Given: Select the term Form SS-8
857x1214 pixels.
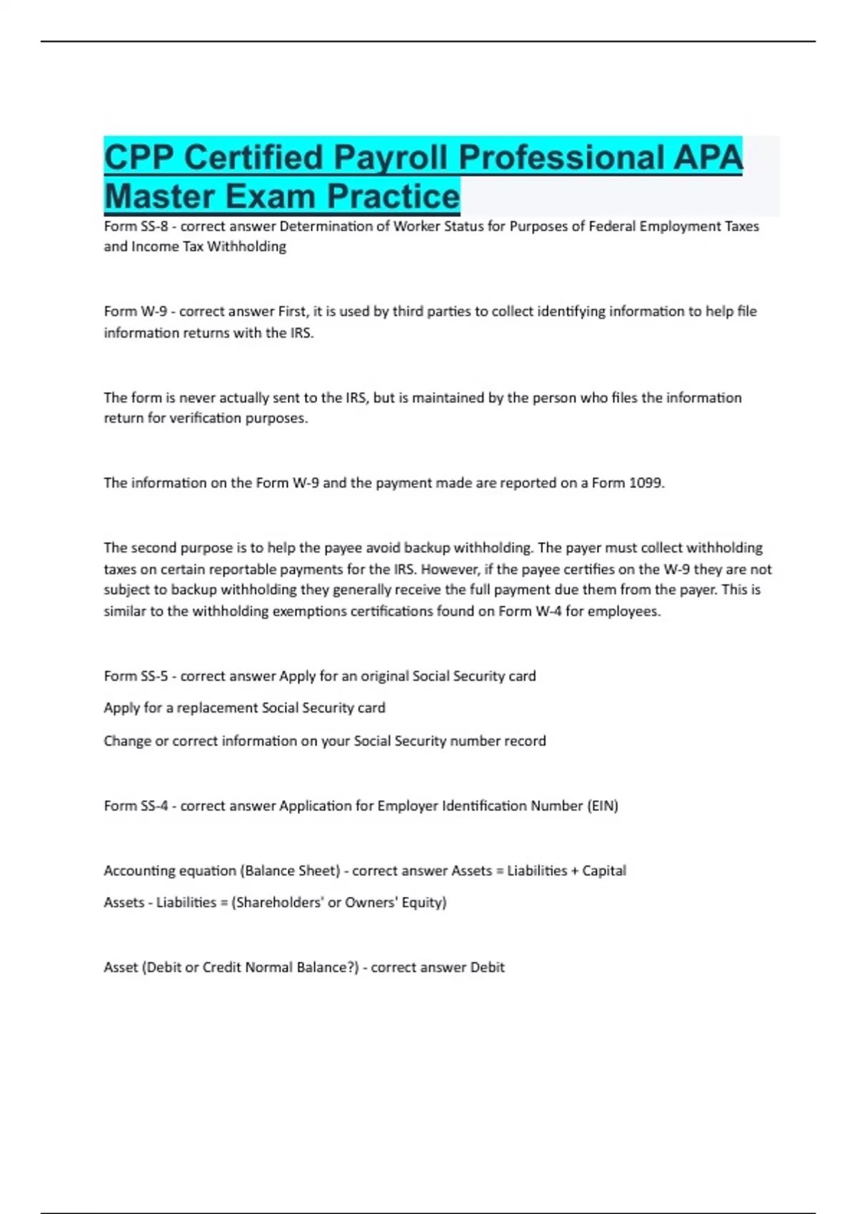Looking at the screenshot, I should (136, 226).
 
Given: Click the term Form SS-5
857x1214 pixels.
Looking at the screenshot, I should (136, 676).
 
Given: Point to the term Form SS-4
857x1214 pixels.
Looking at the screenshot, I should (136, 806).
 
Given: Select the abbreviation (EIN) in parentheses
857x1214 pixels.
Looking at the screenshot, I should (603, 806).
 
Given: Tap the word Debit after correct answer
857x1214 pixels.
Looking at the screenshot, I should (487, 968).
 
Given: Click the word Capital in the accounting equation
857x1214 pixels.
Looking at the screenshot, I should (604, 871).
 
